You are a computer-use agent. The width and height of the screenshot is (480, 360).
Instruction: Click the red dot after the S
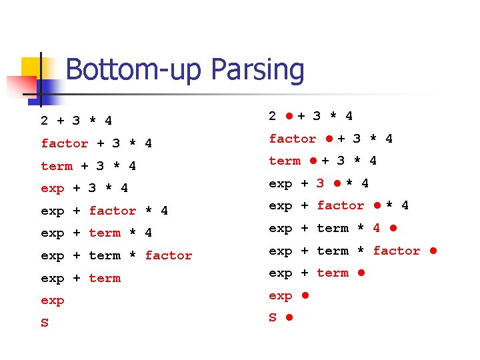(289, 318)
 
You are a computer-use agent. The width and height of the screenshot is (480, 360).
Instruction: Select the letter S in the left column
(45, 323)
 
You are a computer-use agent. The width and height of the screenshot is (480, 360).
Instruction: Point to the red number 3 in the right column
(321, 183)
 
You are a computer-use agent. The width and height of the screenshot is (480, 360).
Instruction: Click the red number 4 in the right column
(377, 228)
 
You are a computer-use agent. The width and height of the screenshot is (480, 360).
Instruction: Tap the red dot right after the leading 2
(289, 116)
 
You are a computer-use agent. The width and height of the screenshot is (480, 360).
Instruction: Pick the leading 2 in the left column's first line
(45, 121)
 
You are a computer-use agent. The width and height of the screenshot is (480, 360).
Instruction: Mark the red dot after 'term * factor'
(433, 251)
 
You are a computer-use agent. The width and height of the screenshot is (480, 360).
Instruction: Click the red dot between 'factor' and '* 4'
(377, 205)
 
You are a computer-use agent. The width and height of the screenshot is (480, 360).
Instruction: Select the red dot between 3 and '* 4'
(337, 183)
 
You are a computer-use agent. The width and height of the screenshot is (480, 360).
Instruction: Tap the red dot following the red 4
(393, 228)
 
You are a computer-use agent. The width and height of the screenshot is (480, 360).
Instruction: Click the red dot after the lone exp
(305, 295)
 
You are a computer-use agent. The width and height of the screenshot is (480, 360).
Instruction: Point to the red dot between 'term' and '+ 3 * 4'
(313, 161)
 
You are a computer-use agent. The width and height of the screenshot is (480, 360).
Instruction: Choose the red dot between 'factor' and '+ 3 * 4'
(329, 139)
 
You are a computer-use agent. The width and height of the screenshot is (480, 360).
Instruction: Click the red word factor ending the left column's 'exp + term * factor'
(168, 255)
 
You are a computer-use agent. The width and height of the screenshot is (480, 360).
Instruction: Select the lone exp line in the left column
(53, 301)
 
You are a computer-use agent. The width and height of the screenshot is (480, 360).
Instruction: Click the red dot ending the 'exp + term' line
(361, 273)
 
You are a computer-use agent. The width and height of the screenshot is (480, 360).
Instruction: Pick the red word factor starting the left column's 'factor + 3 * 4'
(65, 143)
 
